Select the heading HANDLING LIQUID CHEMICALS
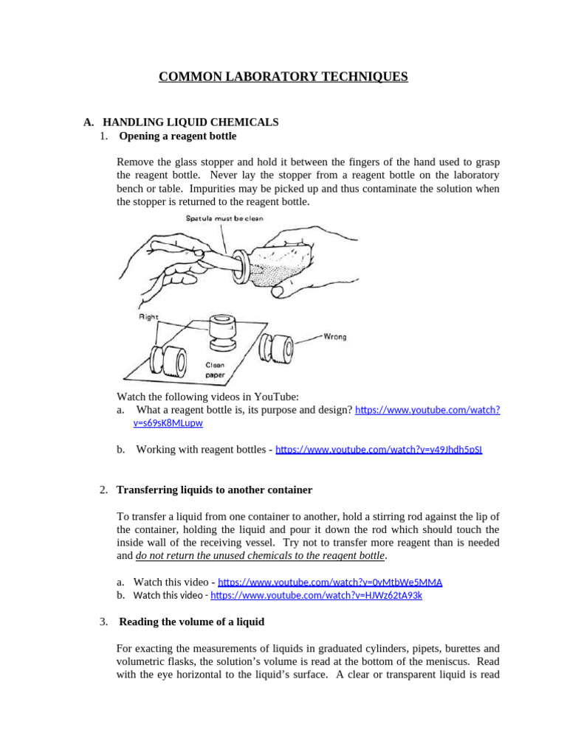point(190,122)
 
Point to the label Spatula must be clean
point(224,218)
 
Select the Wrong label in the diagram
point(334,336)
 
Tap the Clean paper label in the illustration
point(216,369)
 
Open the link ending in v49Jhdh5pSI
point(379,449)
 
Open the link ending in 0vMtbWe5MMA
point(330,582)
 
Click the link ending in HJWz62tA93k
point(316,595)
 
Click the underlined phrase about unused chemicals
point(260,555)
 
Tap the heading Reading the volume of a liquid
point(191,622)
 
